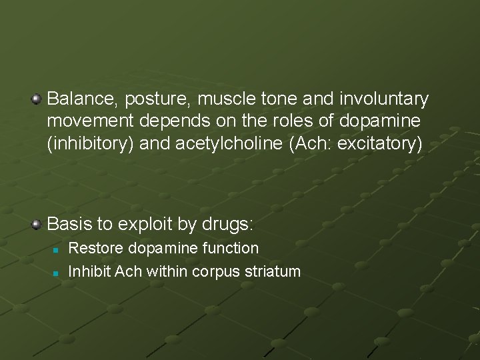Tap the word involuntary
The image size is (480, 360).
(383, 100)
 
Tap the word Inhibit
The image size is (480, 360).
(90, 271)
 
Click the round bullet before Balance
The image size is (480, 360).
(37, 100)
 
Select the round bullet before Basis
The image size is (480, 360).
(37, 224)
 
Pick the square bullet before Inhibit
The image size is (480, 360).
(57, 273)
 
